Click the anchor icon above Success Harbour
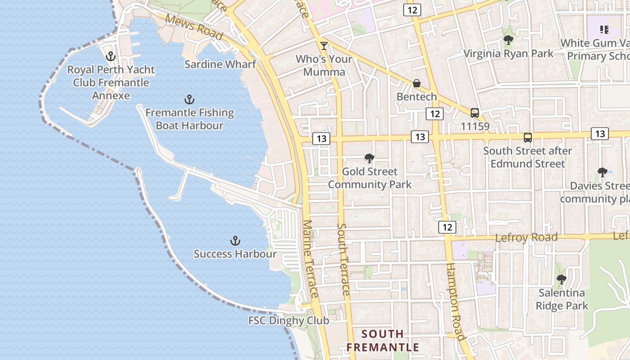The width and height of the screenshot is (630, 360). point(235,241)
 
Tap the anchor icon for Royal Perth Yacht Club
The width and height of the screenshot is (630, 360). point(111,57)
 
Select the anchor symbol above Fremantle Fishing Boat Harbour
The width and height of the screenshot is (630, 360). point(189,99)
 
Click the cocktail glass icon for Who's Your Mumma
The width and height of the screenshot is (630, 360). point(324,45)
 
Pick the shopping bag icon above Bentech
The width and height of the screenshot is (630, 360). point(417,83)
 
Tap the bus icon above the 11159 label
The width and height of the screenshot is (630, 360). point(475,113)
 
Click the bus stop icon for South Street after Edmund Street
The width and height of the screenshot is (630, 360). point(527,138)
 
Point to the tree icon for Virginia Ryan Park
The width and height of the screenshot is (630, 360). point(508,40)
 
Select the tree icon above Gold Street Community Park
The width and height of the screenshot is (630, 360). point(369,158)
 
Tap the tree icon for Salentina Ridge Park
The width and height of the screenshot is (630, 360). point(561,279)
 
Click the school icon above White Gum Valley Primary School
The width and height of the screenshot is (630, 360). point(604,30)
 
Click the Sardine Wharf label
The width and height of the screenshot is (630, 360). point(220,64)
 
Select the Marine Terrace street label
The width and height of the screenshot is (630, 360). point(311,259)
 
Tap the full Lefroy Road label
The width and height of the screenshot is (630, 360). point(526,237)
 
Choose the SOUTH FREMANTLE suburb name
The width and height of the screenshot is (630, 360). point(383,341)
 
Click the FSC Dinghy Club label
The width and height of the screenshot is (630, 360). point(288,320)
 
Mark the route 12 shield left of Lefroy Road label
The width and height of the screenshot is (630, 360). point(447,227)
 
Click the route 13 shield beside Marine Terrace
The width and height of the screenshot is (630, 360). point(321,139)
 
